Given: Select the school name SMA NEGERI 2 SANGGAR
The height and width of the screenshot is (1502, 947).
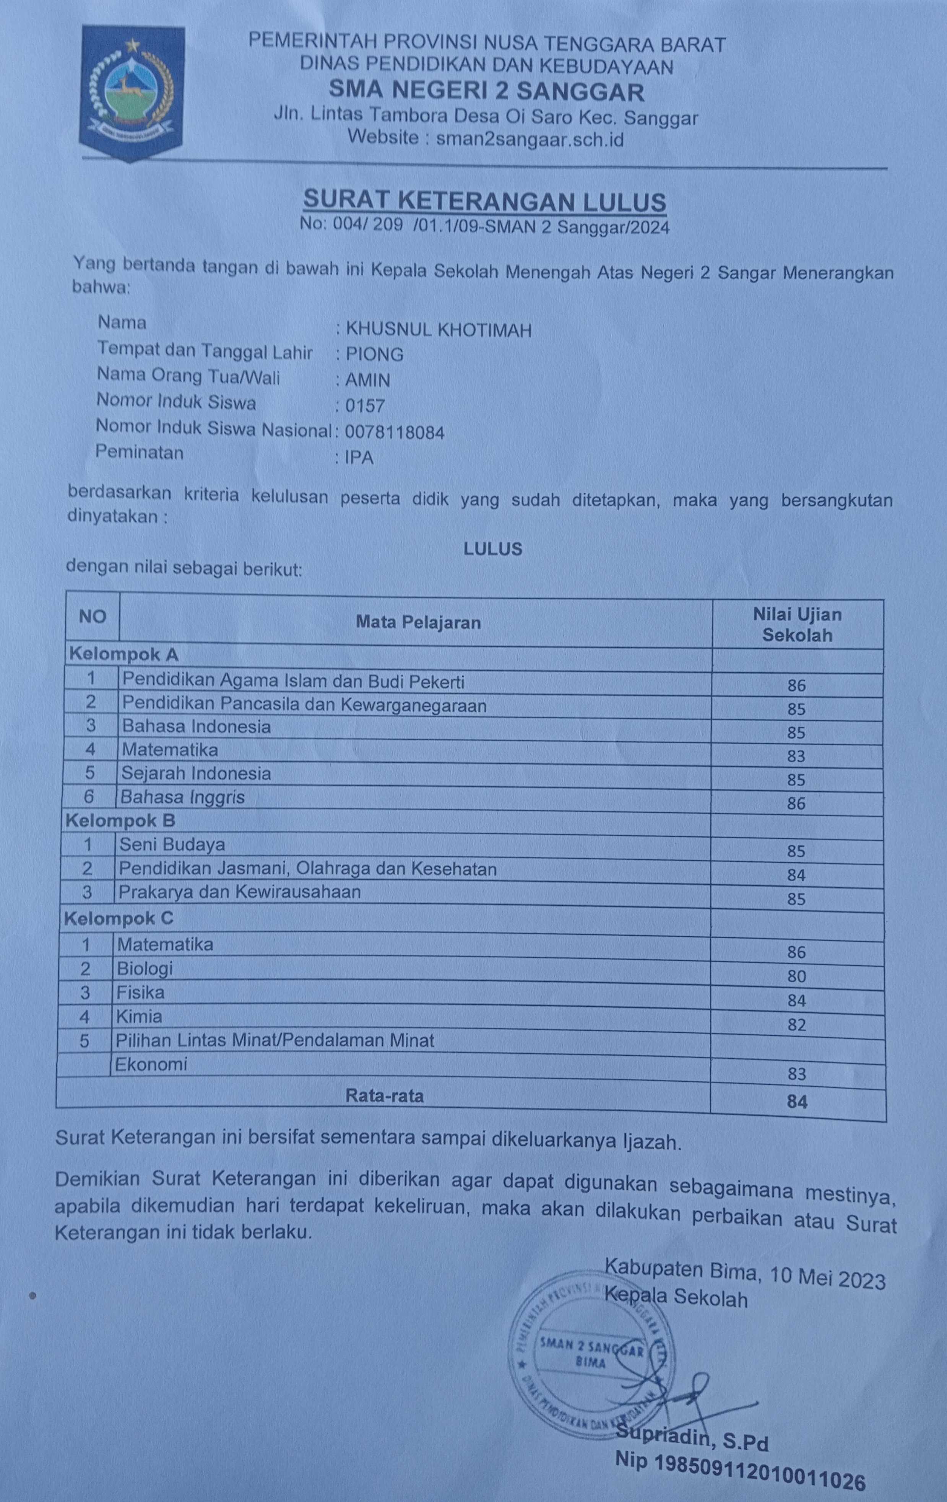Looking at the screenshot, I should (486, 92).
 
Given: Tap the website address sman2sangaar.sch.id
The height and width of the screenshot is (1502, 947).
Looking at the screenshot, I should (530, 138).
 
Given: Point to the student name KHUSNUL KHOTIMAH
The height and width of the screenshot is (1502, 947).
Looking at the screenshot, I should (438, 330).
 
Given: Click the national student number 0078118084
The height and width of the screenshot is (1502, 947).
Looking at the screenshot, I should (395, 432).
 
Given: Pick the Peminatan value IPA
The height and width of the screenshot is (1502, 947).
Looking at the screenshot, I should (359, 458).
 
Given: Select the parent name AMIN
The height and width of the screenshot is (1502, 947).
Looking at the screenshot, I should (368, 380).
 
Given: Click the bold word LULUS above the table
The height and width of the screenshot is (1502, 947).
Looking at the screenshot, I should (492, 549).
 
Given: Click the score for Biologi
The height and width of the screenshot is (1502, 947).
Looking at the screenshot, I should (796, 976).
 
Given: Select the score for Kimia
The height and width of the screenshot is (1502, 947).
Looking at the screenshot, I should (796, 1025).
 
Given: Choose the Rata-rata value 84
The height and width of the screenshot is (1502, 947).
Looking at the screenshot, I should (797, 1102).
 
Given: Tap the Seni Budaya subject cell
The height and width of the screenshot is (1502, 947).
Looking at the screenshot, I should (172, 845).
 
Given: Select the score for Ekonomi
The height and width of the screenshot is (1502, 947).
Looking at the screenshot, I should (796, 1074).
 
